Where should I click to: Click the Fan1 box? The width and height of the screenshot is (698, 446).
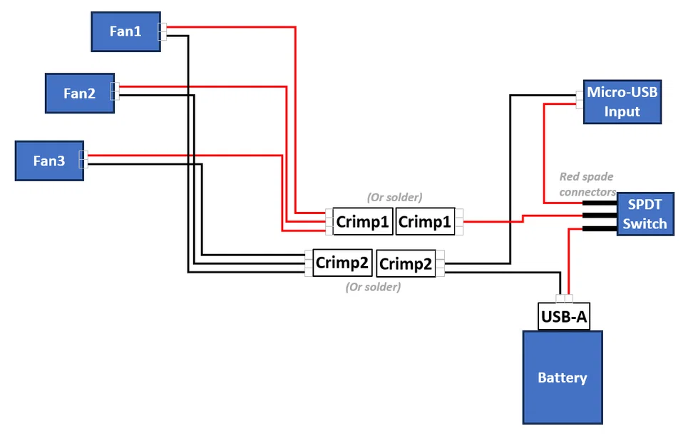pos(125,31)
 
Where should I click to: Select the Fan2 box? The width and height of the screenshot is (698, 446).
pos(79,93)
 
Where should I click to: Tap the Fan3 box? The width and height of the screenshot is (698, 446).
pos(49,161)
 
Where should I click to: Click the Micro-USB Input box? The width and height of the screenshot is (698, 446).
pos(622,101)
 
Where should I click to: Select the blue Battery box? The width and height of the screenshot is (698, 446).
pos(563,377)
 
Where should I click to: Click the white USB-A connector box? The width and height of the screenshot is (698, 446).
pos(564,316)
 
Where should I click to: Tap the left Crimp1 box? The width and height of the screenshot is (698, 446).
pos(363,222)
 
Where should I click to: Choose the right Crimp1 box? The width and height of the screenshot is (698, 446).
pos(425,222)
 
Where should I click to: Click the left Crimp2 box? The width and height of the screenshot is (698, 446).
pos(342,263)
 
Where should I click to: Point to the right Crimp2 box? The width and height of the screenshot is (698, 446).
pos(405,264)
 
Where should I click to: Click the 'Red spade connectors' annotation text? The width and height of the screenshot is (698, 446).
pos(587,184)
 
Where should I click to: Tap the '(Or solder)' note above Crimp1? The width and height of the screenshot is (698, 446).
pos(394,196)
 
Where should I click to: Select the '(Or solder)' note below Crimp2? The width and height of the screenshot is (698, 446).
pos(373,287)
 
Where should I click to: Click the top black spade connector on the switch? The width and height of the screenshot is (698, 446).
pos(599,203)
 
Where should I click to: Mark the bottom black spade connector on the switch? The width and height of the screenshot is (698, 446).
pos(599,229)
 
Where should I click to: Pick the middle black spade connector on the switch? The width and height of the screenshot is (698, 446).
pos(599,216)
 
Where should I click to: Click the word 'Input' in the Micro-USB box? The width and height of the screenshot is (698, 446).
pos(622,111)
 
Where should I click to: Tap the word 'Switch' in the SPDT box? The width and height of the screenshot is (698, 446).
pos(645,223)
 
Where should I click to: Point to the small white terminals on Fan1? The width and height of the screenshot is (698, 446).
pos(163,31)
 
